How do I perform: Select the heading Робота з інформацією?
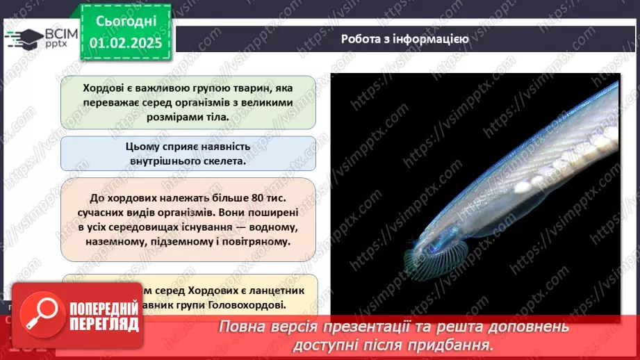(404, 39)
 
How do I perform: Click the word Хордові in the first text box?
(104, 89)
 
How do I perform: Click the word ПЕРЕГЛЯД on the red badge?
(104, 324)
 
